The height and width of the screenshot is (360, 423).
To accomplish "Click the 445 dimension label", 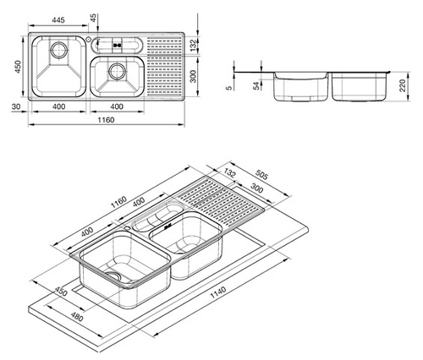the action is [x=58, y=20].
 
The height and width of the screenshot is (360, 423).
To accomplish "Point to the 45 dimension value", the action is [x=93, y=18].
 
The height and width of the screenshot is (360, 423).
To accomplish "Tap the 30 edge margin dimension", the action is [x=16, y=106].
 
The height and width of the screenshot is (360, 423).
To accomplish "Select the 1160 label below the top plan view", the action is [x=106, y=120].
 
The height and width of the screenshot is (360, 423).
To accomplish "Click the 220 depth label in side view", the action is [x=403, y=85].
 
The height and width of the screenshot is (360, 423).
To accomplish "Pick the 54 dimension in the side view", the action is [x=256, y=86].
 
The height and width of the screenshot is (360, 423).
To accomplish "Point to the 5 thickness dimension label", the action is [x=229, y=88].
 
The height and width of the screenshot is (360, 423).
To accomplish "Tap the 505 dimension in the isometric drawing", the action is [x=261, y=175].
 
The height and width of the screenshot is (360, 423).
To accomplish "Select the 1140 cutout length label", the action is [x=218, y=292].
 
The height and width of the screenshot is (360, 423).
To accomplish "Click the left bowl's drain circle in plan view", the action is [x=59, y=50].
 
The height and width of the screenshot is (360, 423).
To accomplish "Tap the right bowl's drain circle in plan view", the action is [x=117, y=71].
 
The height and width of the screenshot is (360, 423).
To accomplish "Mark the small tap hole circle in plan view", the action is [x=88, y=39].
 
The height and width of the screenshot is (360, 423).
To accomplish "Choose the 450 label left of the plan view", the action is [x=18, y=67].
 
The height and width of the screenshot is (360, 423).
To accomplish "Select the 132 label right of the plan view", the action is [x=193, y=45].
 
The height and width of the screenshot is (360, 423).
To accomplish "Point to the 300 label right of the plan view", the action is [x=193, y=76].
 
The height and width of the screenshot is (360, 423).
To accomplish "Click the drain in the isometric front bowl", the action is [x=113, y=275].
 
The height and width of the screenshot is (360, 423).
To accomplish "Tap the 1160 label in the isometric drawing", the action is [x=118, y=202].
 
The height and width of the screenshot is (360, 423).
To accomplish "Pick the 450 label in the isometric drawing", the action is [x=61, y=292].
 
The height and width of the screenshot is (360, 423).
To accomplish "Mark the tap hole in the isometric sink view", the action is [x=128, y=227].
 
